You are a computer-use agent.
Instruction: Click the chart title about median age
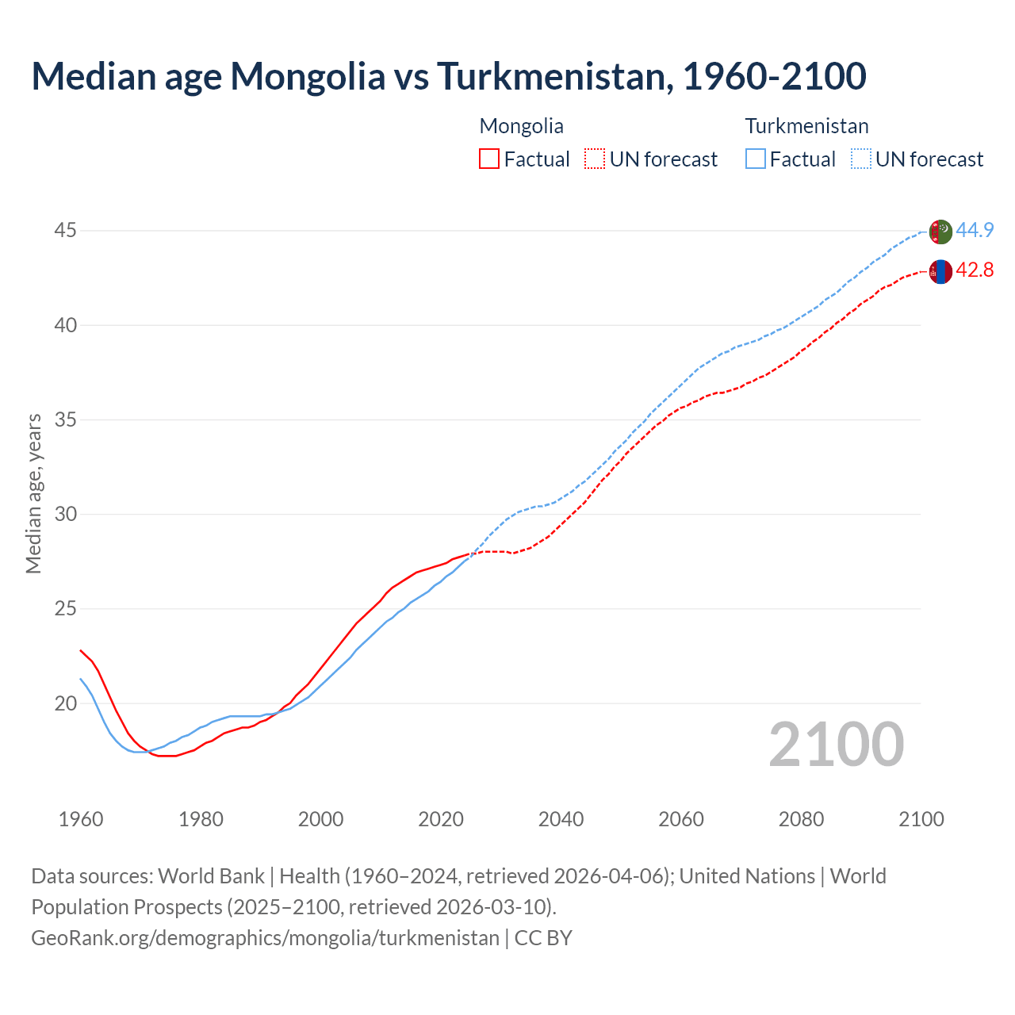point(448,76)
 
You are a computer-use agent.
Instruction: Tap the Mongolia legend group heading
point(521,126)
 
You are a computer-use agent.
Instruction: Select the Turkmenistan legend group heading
point(806,126)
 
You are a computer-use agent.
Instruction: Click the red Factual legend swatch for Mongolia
point(489,159)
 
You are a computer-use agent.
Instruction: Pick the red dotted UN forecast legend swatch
point(595,159)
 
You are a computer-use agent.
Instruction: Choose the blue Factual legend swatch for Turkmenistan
point(755,159)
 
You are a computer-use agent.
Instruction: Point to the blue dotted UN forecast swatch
point(860,159)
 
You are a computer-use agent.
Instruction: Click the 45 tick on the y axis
point(65,231)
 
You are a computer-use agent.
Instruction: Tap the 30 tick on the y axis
point(65,514)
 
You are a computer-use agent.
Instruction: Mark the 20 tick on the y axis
point(65,703)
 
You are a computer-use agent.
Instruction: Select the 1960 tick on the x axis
point(81,819)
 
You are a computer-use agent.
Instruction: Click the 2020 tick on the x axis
point(441,819)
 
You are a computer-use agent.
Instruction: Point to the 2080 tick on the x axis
point(801,819)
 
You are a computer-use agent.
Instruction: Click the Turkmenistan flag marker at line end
point(940,232)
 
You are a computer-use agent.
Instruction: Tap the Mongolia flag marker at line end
point(940,271)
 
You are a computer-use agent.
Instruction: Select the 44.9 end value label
point(975,231)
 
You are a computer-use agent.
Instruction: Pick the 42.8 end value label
point(975,270)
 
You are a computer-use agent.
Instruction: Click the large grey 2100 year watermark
point(836,744)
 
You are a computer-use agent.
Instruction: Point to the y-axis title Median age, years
point(33,493)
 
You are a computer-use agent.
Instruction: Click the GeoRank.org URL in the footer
point(265,938)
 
